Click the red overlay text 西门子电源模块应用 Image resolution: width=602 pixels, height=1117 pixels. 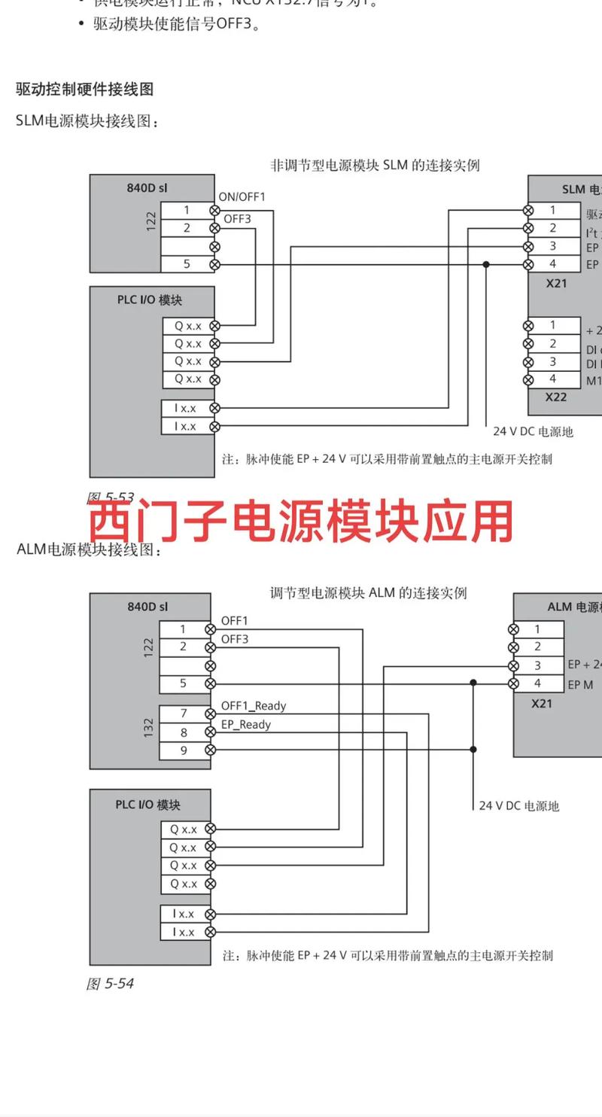click(301, 522)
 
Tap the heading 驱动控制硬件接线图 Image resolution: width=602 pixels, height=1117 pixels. click(84, 89)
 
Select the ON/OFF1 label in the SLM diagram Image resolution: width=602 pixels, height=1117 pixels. click(242, 196)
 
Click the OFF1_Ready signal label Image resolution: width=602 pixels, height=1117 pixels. click(253, 706)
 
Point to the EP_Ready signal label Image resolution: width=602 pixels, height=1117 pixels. click(245, 724)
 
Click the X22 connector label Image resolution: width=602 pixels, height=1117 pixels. click(556, 397)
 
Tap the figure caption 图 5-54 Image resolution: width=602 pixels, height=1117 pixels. click(110, 983)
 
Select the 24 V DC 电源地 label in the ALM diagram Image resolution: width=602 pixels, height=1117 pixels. click(519, 805)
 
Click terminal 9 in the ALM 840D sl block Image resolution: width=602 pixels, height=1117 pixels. click(183, 750)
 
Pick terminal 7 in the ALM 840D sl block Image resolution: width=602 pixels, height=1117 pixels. click(183, 713)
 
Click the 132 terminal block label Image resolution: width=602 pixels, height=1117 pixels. click(148, 727)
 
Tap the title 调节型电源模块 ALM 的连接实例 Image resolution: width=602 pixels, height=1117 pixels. click(369, 592)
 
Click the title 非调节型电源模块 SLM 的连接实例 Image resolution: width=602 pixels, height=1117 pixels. click(375, 165)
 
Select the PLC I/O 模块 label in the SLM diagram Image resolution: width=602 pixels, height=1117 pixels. click(149, 300)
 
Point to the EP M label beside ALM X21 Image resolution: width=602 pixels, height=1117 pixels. click(580, 684)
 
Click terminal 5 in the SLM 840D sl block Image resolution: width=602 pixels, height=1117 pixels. click(187, 264)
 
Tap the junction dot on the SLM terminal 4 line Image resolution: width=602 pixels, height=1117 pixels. click(486, 264)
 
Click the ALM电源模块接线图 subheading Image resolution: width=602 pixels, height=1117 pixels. click(90, 549)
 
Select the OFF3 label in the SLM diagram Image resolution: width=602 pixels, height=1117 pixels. click(237, 219)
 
